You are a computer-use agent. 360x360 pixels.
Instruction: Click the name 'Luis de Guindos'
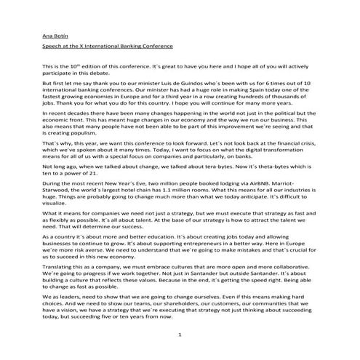tap(185, 81)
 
